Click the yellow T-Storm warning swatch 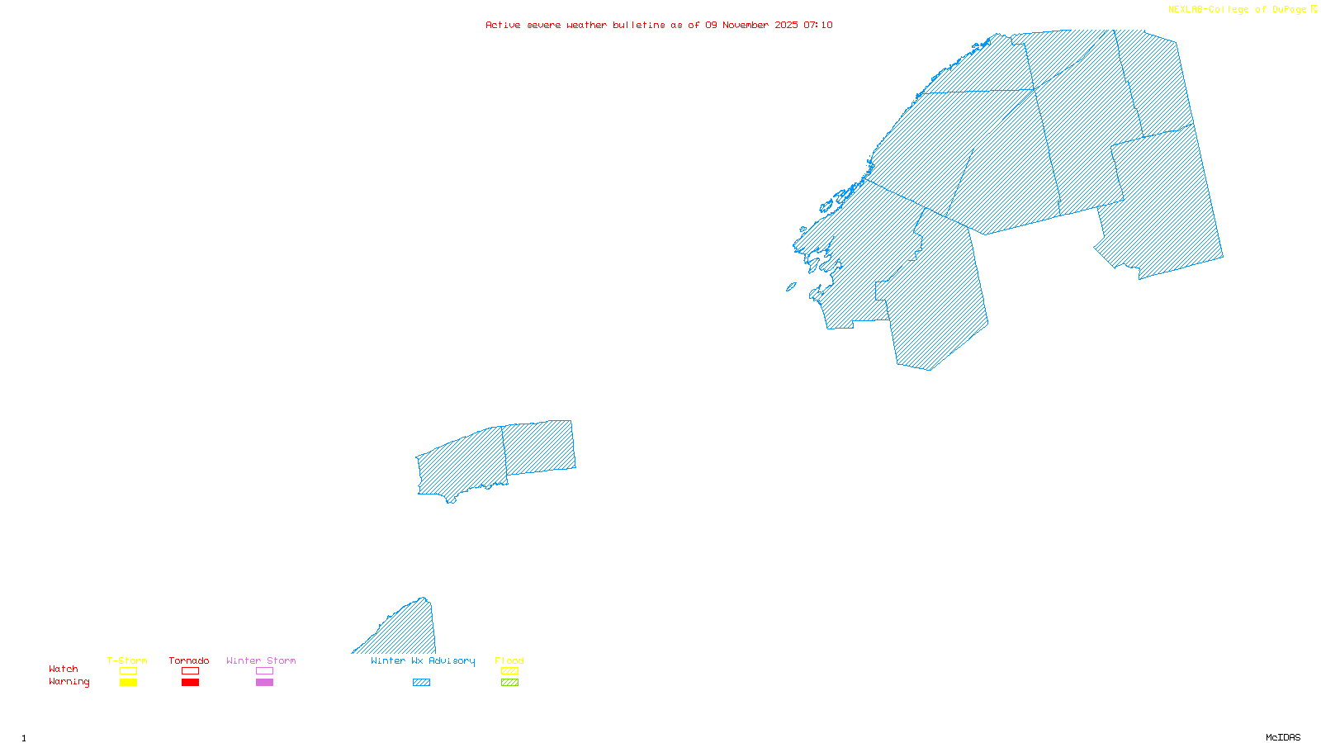(128, 683)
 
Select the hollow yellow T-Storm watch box (128, 671)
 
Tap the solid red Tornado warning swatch (190, 683)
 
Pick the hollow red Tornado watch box (190, 671)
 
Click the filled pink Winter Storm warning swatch (264, 683)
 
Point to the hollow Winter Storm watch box (264, 671)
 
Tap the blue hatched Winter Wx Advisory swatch (421, 683)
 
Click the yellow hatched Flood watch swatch (509, 671)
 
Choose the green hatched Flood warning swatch (509, 683)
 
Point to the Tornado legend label (189, 660)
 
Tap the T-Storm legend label (127, 660)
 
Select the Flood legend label (509, 660)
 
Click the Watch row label (64, 670)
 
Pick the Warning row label (69, 682)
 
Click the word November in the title (746, 25)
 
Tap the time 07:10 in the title (818, 25)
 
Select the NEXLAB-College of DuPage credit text (1237, 10)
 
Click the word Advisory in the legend (452, 660)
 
